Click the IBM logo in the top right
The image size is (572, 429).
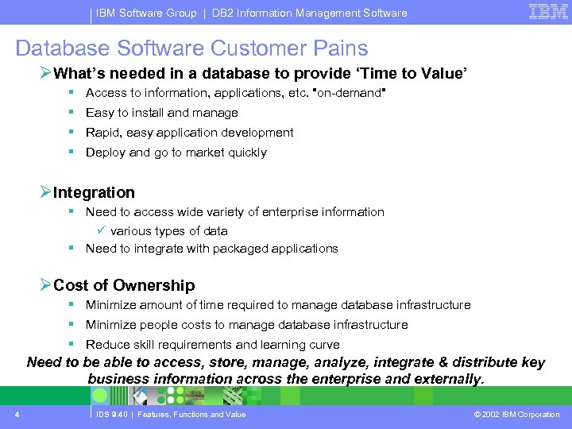tap(547, 11)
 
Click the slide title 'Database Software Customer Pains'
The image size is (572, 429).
tap(191, 48)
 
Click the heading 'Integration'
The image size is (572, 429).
tap(94, 192)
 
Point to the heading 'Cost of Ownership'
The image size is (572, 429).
tap(123, 285)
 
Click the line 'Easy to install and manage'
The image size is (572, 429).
tap(161, 113)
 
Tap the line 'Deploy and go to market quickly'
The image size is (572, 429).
tap(176, 153)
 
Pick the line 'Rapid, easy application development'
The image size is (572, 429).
tap(189, 133)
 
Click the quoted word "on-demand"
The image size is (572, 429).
tap(350, 93)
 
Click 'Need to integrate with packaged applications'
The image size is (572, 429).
tap(211, 249)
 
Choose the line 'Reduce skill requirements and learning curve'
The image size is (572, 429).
tap(212, 345)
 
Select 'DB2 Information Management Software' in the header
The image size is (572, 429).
tap(309, 13)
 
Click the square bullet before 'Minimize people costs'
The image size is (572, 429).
tap(71, 324)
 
